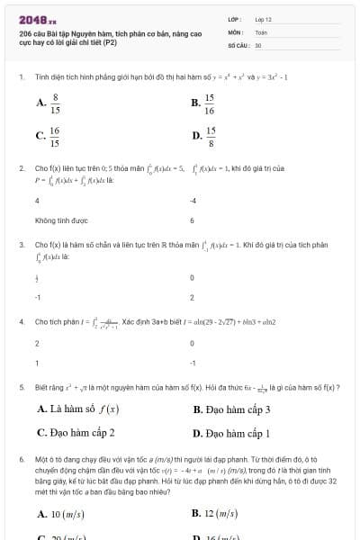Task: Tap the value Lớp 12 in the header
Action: click(x=263, y=18)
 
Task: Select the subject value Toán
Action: click(x=261, y=31)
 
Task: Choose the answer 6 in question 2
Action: click(x=193, y=220)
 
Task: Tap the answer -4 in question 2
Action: click(x=193, y=201)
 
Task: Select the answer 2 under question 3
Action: click(x=193, y=296)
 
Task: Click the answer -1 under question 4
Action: click(x=193, y=363)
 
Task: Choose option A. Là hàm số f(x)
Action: click(x=78, y=409)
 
